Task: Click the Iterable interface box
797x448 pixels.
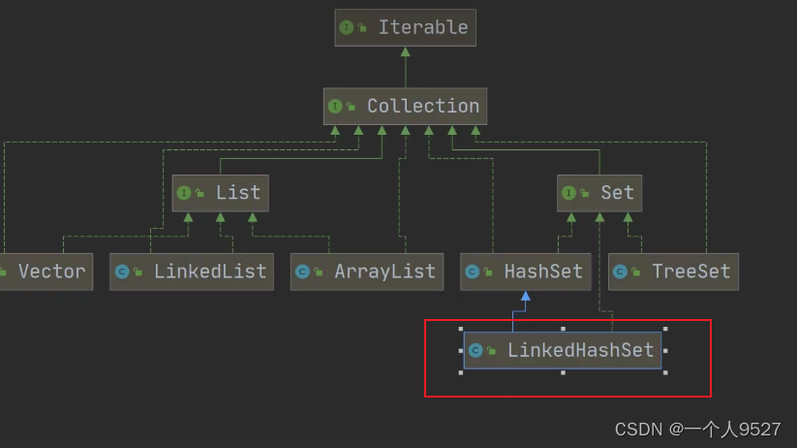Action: tap(405, 28)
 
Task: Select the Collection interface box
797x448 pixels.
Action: tap(405, 106)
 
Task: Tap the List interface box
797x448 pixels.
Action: tap(220, 192)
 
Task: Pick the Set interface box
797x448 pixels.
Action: tap(600, 192)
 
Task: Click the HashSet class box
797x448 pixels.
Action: tap(525, 272)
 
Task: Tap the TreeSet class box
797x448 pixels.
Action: tap(673, 272)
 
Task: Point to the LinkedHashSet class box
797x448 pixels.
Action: tap(563, 350)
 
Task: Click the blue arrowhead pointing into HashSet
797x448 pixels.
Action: tap(525, 297)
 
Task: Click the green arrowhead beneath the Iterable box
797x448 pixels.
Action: tap(405, 53)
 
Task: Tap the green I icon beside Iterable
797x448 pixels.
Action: tap(347, 28)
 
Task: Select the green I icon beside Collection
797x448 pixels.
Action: tap(335, 106)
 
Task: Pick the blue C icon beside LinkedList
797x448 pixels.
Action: tap(122, 272)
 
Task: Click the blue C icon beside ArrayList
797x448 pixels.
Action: tap(302, 272)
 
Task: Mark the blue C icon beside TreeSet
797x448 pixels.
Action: tap(621, 272)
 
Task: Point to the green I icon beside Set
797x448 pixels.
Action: tap(569, 192)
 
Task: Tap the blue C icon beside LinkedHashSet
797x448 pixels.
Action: tap(475, 350)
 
